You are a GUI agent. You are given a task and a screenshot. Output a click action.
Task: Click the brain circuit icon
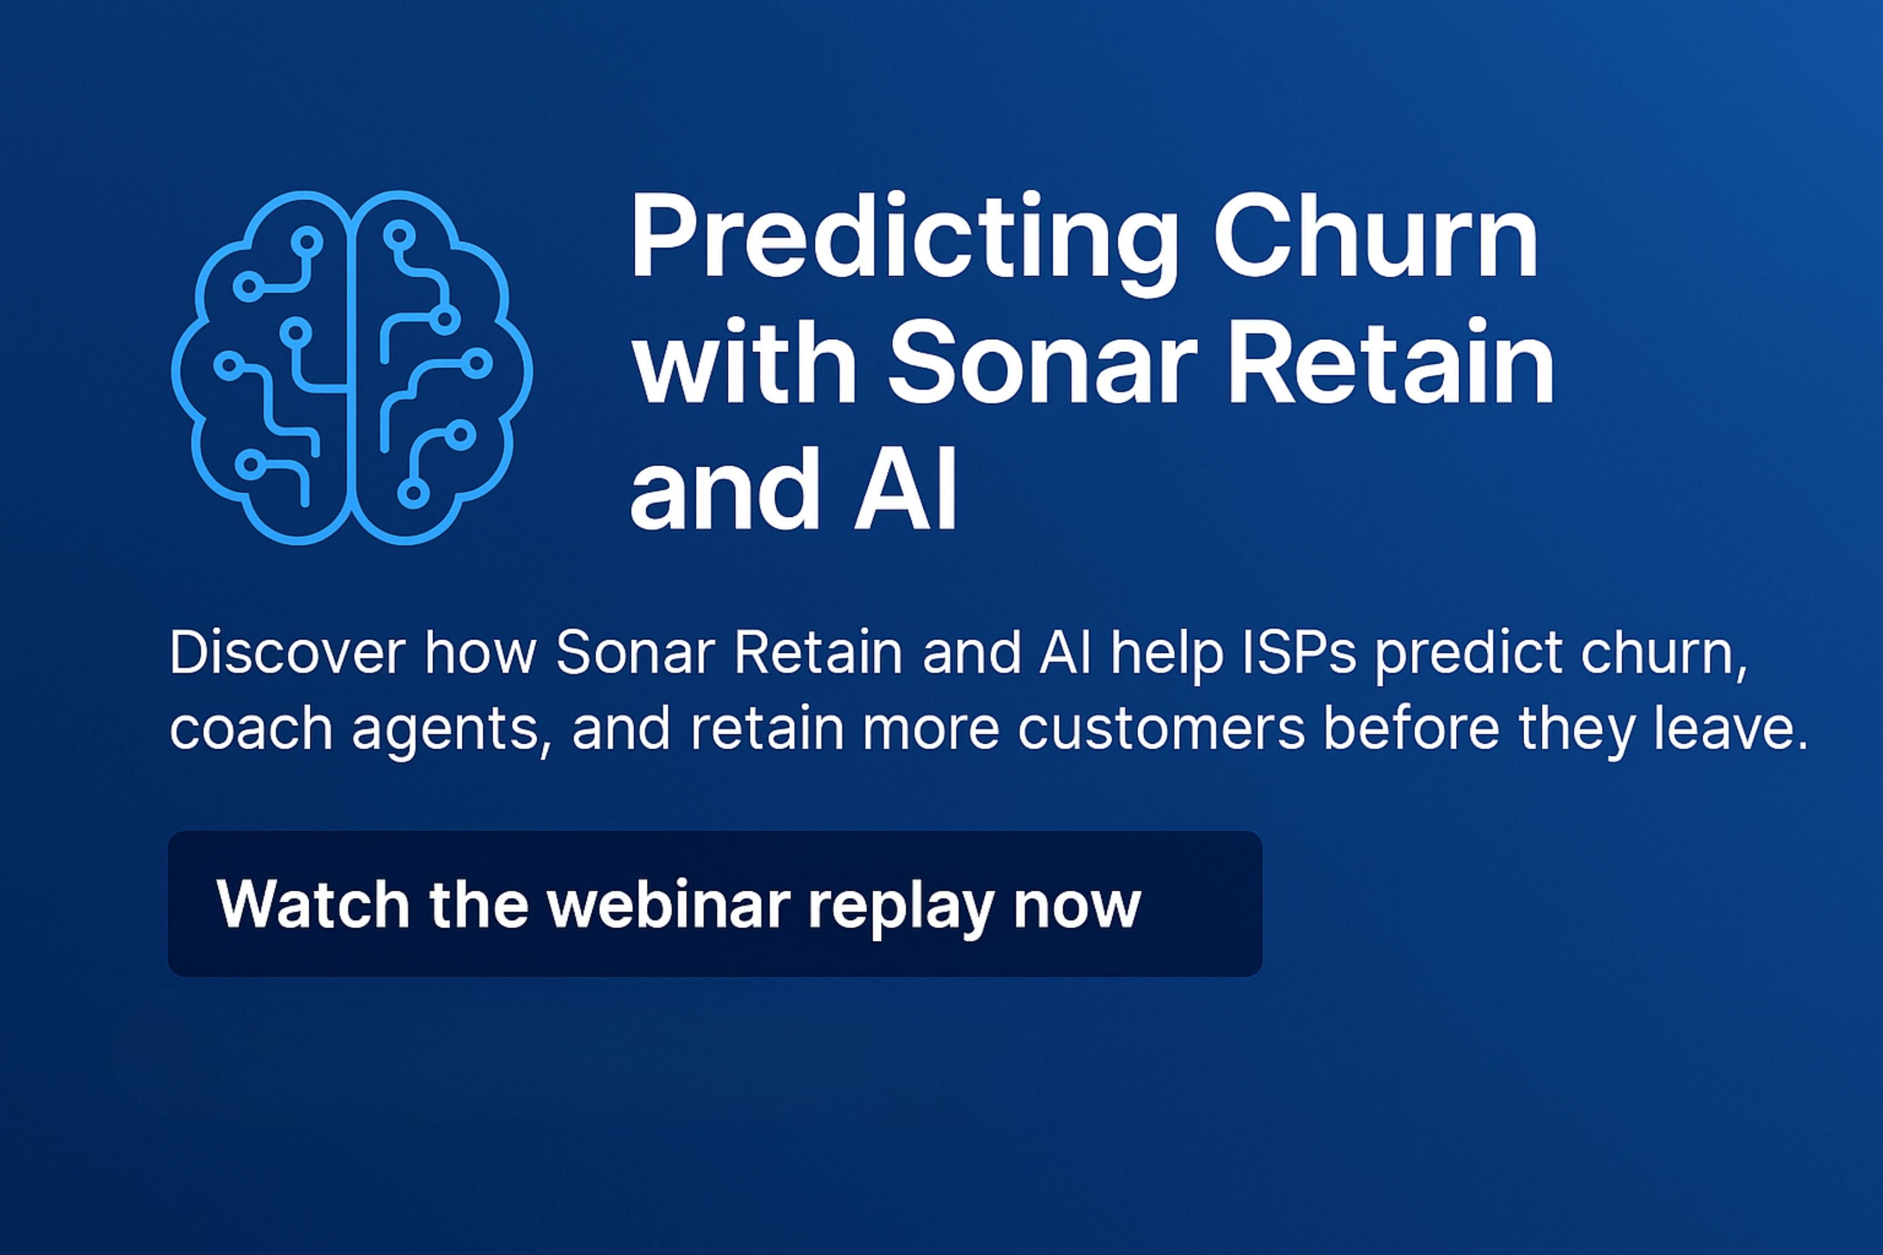pos(352,368)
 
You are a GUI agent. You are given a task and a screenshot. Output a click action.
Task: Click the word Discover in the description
pos(286,653)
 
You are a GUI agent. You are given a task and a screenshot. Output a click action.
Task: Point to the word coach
pos(251,729)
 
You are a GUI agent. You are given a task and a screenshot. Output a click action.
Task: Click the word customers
pos(1161,729)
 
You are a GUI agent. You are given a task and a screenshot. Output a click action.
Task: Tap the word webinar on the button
pos(669,905)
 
